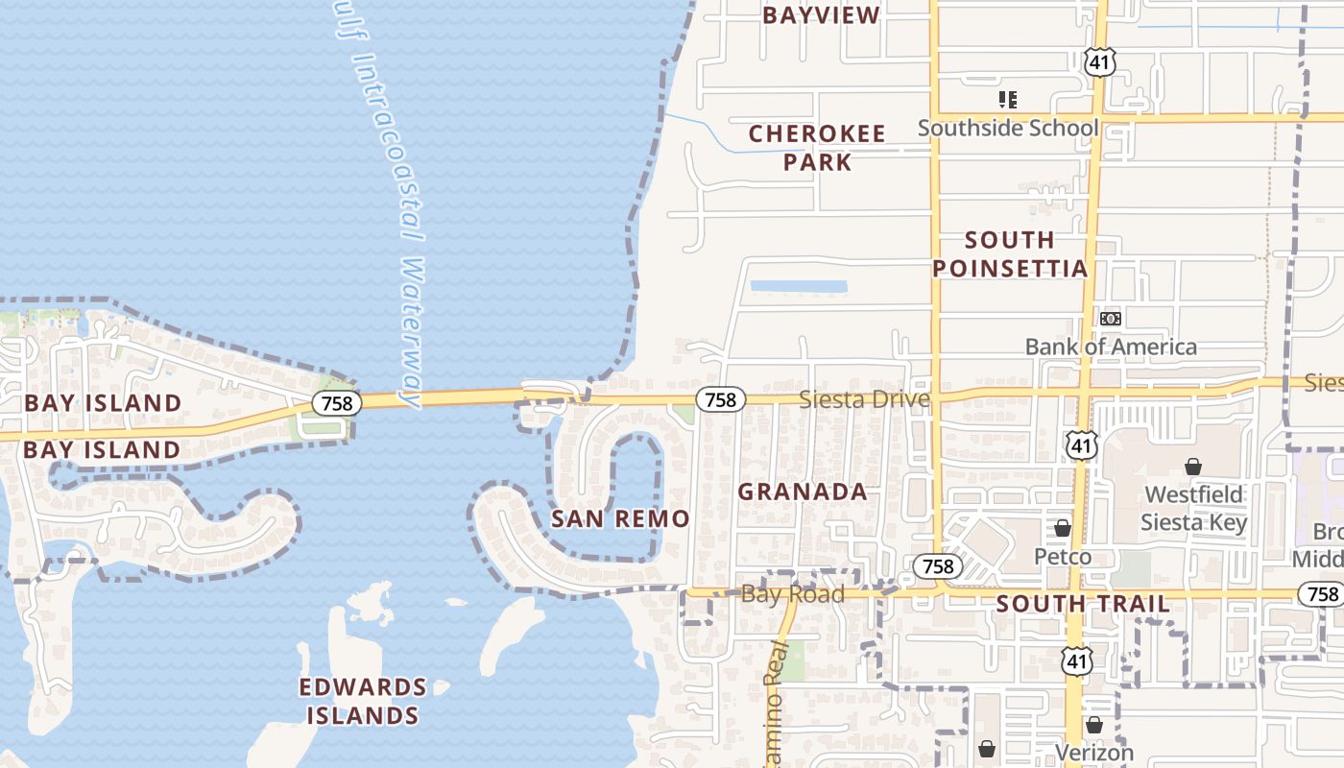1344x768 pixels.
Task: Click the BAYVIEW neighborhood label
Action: [x=821, y=15]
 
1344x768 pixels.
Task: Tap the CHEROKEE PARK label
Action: [x=817, y=148]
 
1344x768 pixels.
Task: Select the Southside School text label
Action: [x=1008, y=128]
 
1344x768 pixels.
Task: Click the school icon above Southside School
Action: [x=1008, y=99]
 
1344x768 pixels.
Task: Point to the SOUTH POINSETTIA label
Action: [x=1010, y=253]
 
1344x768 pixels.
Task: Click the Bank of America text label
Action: [x=1111, y=347]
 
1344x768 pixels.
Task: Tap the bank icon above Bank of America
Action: [x=1111, y=318]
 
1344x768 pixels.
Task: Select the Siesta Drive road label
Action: [x=864, y=399]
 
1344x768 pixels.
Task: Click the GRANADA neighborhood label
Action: [x=803, y=492]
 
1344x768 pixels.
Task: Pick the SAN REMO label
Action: [x=620, y=519]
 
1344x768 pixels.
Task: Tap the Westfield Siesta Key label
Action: [x=1193, y=509]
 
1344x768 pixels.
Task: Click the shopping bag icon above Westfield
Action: [x=1193, y=468]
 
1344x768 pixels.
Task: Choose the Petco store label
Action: [x=1063, y=557]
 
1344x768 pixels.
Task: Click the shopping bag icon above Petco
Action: [x=1063, y=528]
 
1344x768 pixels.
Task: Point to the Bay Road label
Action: [x=793, y=594]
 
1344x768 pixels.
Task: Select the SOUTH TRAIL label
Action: [x=1083, y=604]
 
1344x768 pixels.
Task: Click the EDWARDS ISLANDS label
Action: [x=363, y=701]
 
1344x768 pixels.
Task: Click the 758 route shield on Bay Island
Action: [x=337, y=403]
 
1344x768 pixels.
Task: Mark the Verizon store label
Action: [x=1094, y=753]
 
